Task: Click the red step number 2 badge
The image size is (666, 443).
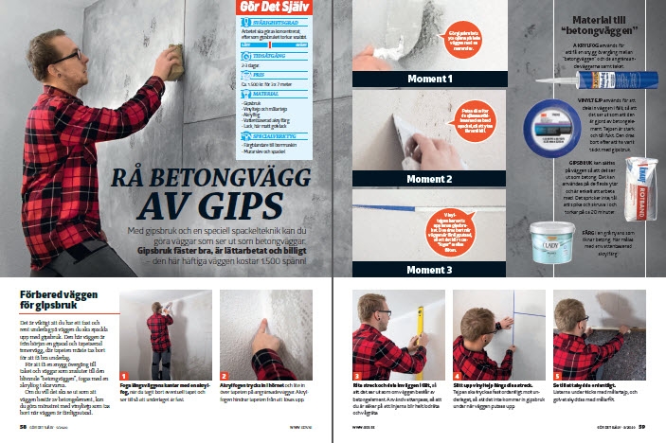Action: pyautogui.click(x=225, y=375)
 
